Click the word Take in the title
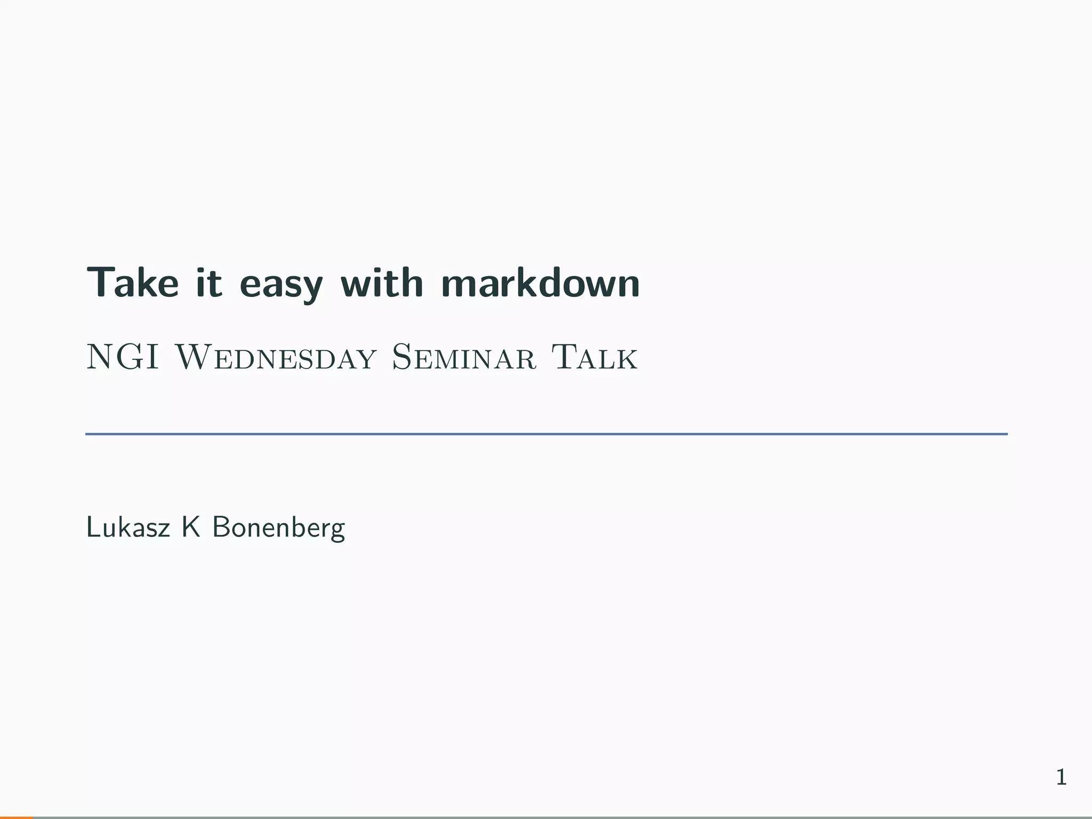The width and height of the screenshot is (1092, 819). pos(133,282)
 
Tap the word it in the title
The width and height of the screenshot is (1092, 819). pos(208,282)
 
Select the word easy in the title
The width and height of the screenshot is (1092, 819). pos(281,284)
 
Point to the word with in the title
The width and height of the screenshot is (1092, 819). pos(382,282)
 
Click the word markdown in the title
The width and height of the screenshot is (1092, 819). pos(540,282)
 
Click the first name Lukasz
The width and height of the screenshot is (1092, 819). pos(128,527)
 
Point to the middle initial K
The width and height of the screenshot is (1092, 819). pos(190,527)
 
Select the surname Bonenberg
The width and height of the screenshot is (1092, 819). pos(278,528)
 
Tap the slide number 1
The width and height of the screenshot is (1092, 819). pos(1061,777)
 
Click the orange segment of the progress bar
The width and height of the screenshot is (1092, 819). pos(17,817)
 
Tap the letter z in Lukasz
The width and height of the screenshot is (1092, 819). pos(164,529)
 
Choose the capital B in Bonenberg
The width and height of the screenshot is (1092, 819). pos(221,527)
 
